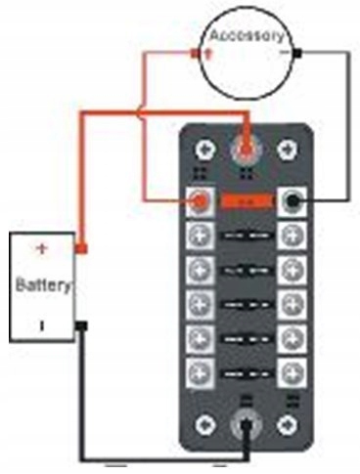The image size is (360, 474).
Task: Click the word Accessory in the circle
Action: pos(247,35)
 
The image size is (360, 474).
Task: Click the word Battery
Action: pos(43,285)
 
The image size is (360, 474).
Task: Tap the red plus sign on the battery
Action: pos(42,249)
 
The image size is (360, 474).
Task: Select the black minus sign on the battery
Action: pos(42,325)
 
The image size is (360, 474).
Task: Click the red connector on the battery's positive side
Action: pos(81,249)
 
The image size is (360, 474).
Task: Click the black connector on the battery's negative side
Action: pos(81,325)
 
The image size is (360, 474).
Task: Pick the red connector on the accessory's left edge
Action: pos(195,53)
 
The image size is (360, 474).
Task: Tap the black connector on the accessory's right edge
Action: pos(297,53)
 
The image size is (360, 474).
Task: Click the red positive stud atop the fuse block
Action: pos(247,150)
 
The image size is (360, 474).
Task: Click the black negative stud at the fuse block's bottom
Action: pos(247,424)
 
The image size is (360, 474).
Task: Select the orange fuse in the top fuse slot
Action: pos(247,201)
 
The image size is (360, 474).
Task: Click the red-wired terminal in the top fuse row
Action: pos(200,202)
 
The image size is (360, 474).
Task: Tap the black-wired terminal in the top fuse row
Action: pos(292,202)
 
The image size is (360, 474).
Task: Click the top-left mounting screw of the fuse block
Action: pos(205,151)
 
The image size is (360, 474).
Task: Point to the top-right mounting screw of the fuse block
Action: pos(288,150)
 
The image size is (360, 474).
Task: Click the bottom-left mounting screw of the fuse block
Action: pos(205,425)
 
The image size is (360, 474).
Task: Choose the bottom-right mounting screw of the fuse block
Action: pos(288,425)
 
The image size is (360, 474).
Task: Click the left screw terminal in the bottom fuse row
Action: pos(200,373)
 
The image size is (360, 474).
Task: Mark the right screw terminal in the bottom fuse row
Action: pos(292,373)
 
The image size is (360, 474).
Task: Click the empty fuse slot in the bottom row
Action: pos(247,373)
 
